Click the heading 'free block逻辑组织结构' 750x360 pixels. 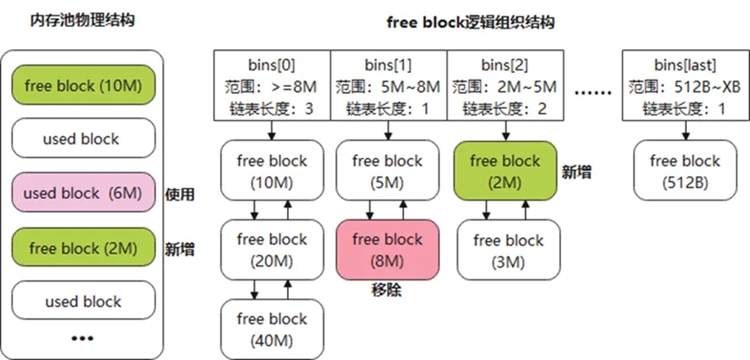(x=470, y=22)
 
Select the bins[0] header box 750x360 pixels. (x=272, y=86)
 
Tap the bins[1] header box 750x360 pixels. (x=388, y=86)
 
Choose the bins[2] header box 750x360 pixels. (x=505, y=86)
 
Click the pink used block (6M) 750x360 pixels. (x=83, y=194)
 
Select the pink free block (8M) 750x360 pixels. (x=388, y=249)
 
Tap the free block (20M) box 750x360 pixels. (x=272, y=249)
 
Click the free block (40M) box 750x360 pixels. (x=272, y=328)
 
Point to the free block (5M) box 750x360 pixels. (x=388, y=170)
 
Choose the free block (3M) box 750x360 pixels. (x=508, y=250)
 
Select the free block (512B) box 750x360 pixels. (x=685, y=170)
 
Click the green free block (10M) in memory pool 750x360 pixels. (x=83, y=86)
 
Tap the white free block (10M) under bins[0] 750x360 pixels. (x=272, y=170)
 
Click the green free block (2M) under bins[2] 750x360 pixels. (x=505, y=170)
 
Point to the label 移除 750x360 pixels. (x=388, y=290)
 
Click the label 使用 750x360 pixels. (x=179, y=195)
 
